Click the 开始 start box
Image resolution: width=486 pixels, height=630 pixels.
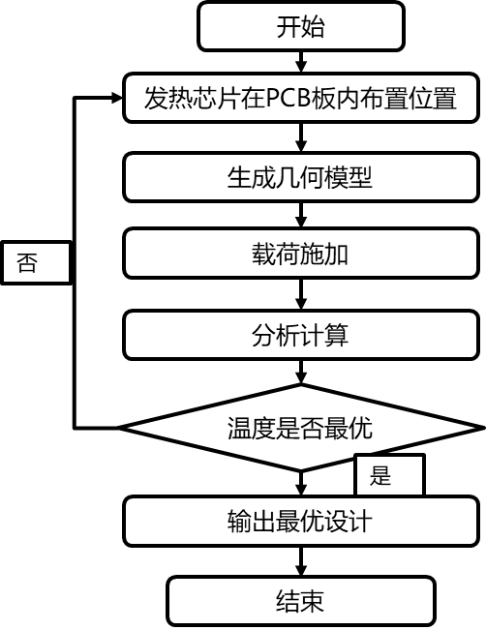(x=300, y=26)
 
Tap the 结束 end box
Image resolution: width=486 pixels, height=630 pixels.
(x=300, y=601)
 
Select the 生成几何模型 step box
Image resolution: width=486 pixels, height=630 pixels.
(x=300, y=178)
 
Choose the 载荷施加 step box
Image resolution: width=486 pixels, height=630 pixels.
(x=300, y=255)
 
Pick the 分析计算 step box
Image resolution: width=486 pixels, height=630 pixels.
(x=300, y=336)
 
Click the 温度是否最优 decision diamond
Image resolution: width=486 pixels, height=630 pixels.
(x=300, y=428)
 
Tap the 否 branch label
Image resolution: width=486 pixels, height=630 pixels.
(x=28, y=263)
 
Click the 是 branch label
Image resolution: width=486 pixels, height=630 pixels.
(x=380, y=475)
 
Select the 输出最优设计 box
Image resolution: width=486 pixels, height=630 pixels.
(x=300, y=522)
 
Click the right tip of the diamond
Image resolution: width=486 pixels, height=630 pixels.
(x=472, y=428)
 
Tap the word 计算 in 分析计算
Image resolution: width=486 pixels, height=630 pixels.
(x=324, y=336)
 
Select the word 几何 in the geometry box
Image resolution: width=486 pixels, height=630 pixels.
(x=300, y=178)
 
